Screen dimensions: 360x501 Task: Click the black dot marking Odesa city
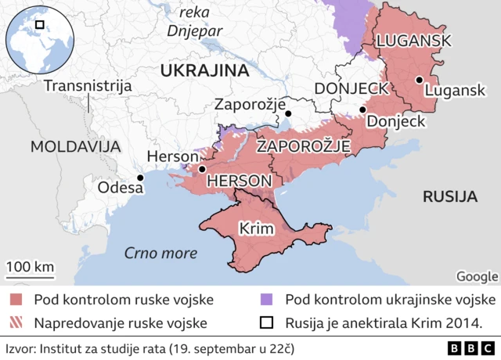pyautogui.click(x=140, y=178)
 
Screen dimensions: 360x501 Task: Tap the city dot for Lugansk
pyautogui.click(x=420, y=79)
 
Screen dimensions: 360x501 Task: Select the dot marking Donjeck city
pyautogui.click(x=362, y=110)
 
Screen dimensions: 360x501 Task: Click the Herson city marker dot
pyautogui.click(x=202, y=168)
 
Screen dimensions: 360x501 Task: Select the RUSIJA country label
pyautogui.click(x=450, y=196)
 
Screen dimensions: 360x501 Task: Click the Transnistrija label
pyautogui.click(x=87, y=86)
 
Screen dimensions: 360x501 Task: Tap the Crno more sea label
pyautogui.click(x=160, y=253)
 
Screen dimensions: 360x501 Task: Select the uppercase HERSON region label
pyautogui.click(x=239, y=181)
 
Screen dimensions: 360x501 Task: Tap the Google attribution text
pyautogui.click(x=477, y=275)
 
